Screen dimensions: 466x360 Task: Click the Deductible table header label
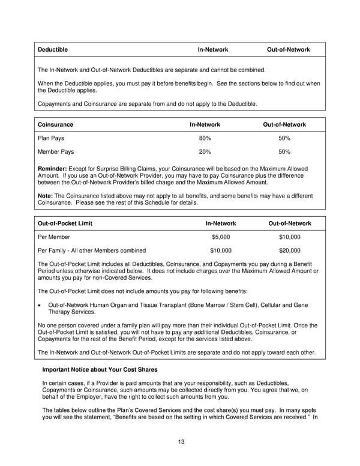(x=53, y=49)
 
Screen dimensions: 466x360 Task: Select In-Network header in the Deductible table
(x=213, y=49)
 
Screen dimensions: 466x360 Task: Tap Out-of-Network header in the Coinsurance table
(x=284, y=124)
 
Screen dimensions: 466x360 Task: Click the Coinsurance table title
(x=56, y=124)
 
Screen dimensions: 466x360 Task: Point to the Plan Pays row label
(x=52, y=138)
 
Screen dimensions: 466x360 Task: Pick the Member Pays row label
(x=56, y=152)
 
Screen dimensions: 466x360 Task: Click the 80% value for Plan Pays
(x=205, y=138)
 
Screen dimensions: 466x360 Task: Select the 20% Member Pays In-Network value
(x=205, y=152)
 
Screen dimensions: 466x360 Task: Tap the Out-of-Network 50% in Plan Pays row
(x=284, y=138)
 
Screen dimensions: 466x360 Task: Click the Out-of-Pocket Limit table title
(x=65, y=223)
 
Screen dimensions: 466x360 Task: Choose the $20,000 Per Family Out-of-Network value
(x=289, y=250)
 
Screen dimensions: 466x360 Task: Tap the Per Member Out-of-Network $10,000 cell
(x=289, y=237)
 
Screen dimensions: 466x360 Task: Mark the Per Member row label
(x=54, y=237)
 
